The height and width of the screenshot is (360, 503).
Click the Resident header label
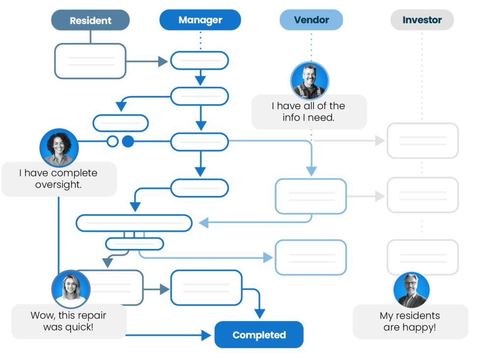coord(90,21)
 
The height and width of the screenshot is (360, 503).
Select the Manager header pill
coord(200,20)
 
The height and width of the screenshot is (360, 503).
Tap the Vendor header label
coord(311,20)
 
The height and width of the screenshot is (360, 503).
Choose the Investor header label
coord(422,20)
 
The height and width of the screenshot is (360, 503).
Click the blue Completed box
coord(259,335)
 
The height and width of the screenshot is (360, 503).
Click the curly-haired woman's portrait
coord(59,148)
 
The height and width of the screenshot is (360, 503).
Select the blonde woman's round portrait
coord(71,289)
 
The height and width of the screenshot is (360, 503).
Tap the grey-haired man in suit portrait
coord(412,290)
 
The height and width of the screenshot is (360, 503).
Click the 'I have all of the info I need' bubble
coord(309,112)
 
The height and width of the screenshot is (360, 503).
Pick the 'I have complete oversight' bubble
coord(59,179)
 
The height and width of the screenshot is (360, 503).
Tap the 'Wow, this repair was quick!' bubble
coord(69,321)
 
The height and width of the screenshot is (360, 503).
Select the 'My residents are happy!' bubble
coord(410,321)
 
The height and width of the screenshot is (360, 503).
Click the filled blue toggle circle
coord(128,142)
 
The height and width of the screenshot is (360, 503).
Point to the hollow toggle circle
coord(113,142)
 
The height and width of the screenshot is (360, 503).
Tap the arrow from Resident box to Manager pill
coord(147,61)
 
